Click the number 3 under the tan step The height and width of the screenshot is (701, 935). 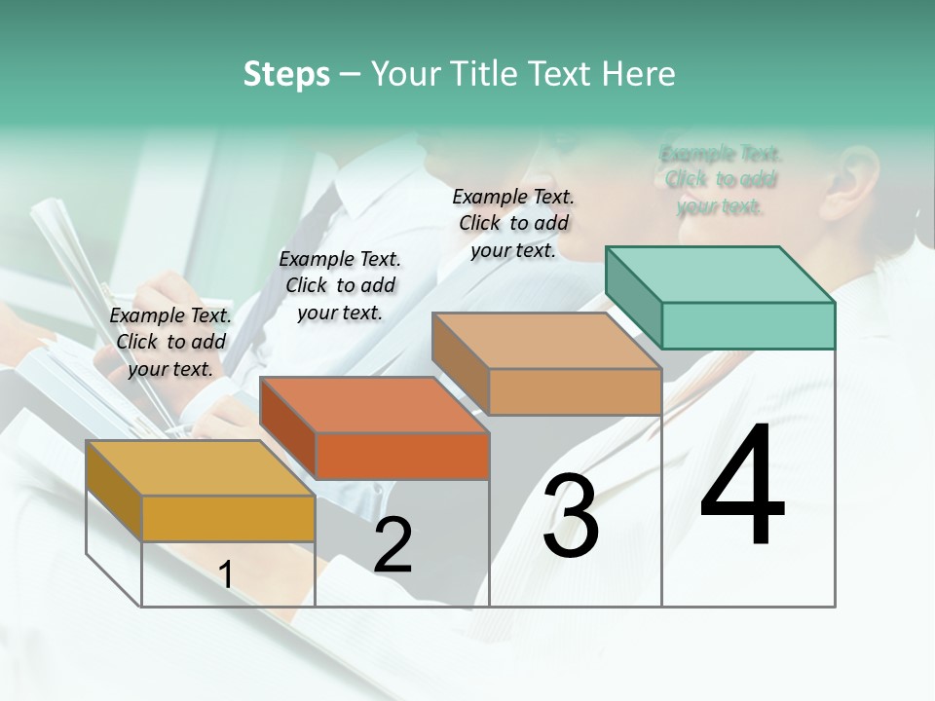[x=571, y=516]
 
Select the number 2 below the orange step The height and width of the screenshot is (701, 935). [x=393, y=545]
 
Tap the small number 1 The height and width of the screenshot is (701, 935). [x=225, y=574]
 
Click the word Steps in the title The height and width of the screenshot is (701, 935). [x=286, y=74]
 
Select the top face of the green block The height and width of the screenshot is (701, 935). [x=721, y=275]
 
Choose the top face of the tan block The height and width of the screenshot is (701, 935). [x=546, y=341]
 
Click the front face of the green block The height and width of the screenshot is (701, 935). [x=748, y=325]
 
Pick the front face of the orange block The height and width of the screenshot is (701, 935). [x=402, y=456]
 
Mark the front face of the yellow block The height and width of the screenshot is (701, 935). [x=228, y=518]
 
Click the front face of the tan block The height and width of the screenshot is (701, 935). [x=575, y=391]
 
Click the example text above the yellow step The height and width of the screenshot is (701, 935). [x=170, y=342]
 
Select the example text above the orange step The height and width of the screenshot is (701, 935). [x=340, y=285]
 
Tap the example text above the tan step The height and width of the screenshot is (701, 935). [x=513, y=223]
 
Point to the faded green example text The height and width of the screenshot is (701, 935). [x=721, y=180]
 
